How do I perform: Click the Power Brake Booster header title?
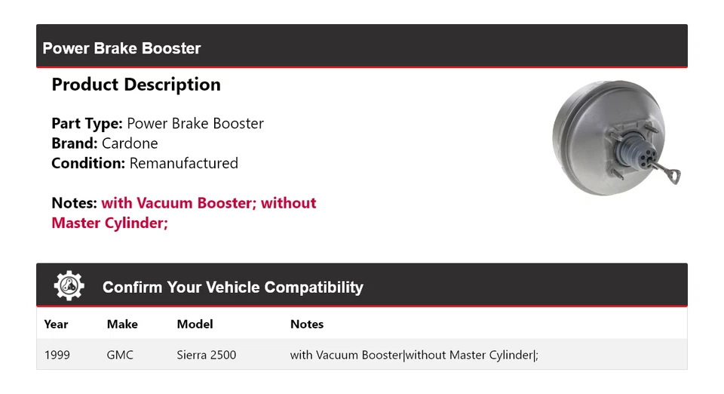point(121,48)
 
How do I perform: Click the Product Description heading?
point(136,85)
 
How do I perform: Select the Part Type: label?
point(87,123)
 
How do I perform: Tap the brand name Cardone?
point(130,143)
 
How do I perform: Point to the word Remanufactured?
point(183,163)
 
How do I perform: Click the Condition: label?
point(88,163)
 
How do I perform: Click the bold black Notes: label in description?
point(74,203)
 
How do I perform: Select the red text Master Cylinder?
point(109,223)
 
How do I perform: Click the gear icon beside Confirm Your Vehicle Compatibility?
point(69,286)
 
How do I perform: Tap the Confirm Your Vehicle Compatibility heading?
point(232,288)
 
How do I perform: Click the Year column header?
point(56,325)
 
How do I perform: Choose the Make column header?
point(122,325)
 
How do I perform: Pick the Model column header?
point(195,325)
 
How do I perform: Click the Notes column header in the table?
point(307,325)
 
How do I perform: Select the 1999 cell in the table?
point(57,355)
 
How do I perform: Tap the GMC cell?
point(120,355)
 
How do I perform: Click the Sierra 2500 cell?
point(206,355)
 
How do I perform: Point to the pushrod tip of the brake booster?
point(676,177)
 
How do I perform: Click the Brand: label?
point(74,143)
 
